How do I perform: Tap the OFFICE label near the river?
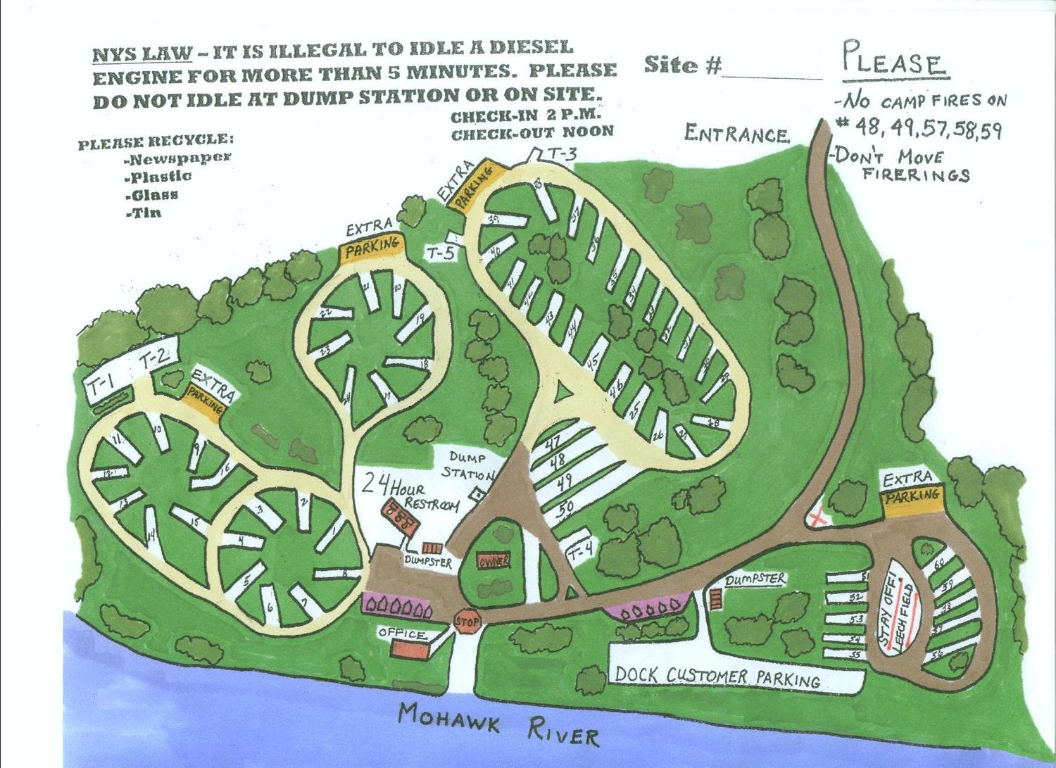point(402,634)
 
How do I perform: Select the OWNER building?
point(494,562)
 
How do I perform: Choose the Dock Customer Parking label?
point(717,676)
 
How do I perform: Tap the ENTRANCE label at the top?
point(736,134)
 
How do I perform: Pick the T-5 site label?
point(441,252)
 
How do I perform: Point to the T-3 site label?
point(562,154)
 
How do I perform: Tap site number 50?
point(565,507)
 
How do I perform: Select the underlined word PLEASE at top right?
point(895,61)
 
